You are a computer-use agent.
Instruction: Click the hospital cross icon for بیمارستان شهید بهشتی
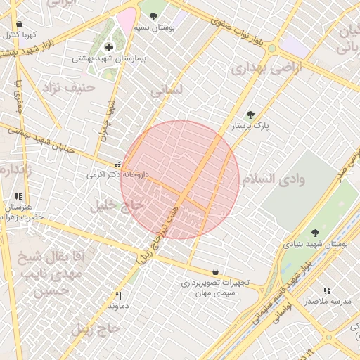click(108, 47)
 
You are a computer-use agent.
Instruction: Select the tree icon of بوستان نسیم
click(153, 16)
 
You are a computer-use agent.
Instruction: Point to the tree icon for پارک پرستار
click(250, 115)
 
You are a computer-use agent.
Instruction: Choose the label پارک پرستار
click(251, 127)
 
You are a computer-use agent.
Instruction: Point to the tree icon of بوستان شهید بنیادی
click(314, 233)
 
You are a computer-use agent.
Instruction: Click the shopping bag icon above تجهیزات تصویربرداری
click(215, 271)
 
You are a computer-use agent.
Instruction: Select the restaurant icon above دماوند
click(118, 295)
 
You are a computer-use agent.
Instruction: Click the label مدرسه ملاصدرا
click(326, 301)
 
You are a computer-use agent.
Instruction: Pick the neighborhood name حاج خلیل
click(117, 205)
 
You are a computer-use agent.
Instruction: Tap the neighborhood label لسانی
click(167, 90)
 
